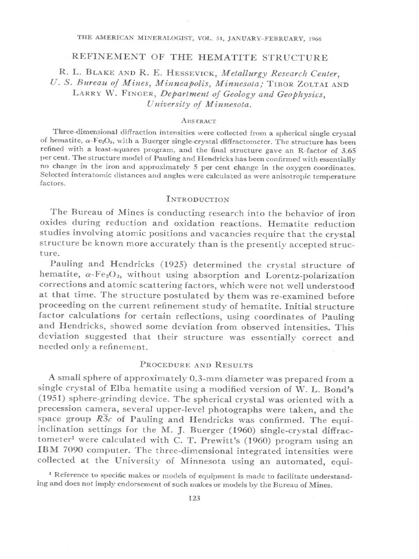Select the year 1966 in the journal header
(344, 39)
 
